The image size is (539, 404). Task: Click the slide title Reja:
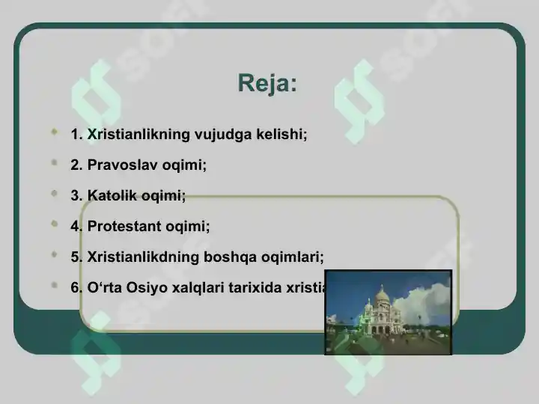click(x=267, y=83)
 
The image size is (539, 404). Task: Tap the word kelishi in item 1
click(x=278, y=135)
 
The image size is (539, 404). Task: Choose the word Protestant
click(x=124, y=226)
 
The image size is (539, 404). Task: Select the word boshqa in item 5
click(x=233, y=257)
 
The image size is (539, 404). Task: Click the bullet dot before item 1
click(x=54, y=132)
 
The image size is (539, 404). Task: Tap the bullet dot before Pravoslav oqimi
click(x=54, y=163)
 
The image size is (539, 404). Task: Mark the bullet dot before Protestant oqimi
click(x=54, y=224)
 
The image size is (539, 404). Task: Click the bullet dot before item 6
click(x=54, y=285)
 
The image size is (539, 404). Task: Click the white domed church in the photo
click(x=381, y=310)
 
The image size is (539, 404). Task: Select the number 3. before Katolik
click(x=76, y=196)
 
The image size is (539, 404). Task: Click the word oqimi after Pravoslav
click(x=184, y=165)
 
